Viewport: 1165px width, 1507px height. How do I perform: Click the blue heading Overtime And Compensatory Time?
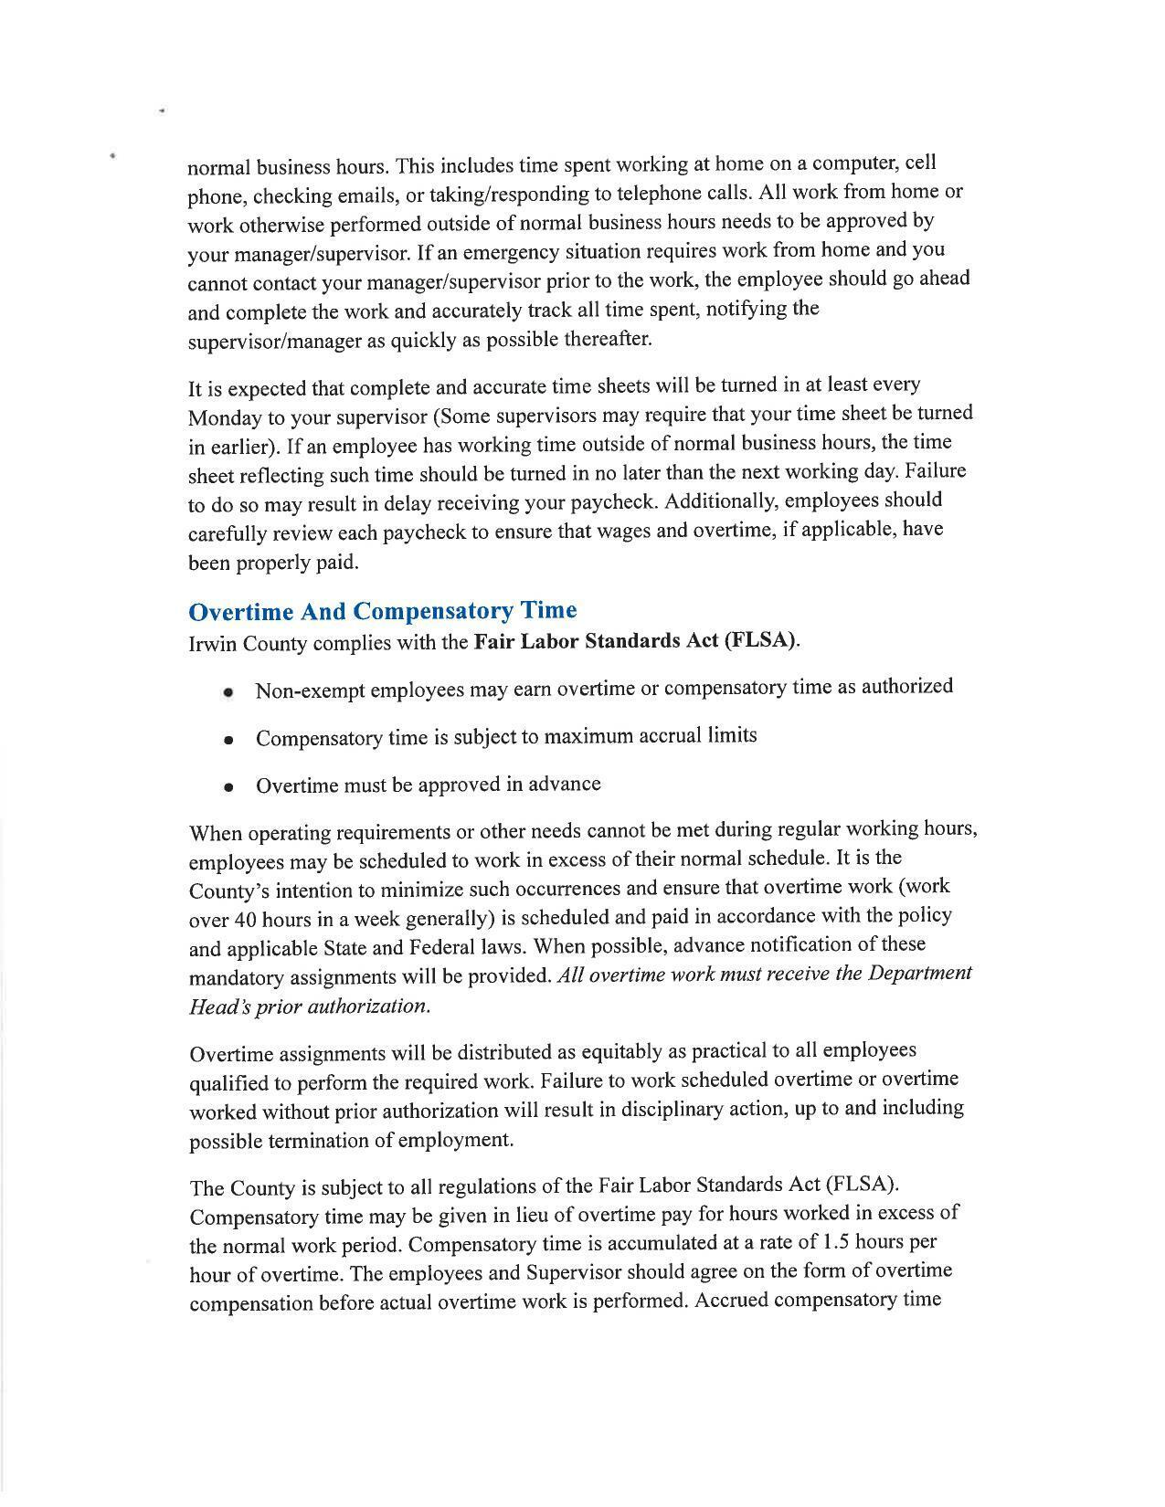click(382, 611)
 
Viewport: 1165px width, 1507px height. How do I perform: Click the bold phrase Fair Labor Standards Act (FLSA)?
click(635, 640)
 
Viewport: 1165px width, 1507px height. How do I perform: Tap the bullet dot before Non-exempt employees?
click(228, 692)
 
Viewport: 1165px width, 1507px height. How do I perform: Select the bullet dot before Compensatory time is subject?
click(228, 740)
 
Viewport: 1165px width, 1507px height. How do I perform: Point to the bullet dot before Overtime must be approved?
click(228, 787)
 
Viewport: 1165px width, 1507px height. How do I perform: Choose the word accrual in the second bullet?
click(670, 736)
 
